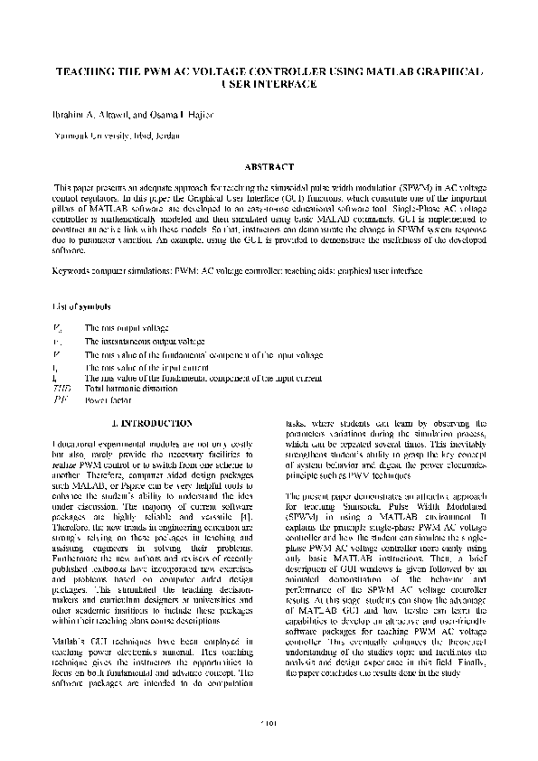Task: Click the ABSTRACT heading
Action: (269, 167)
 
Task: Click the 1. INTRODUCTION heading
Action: (150, 423)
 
